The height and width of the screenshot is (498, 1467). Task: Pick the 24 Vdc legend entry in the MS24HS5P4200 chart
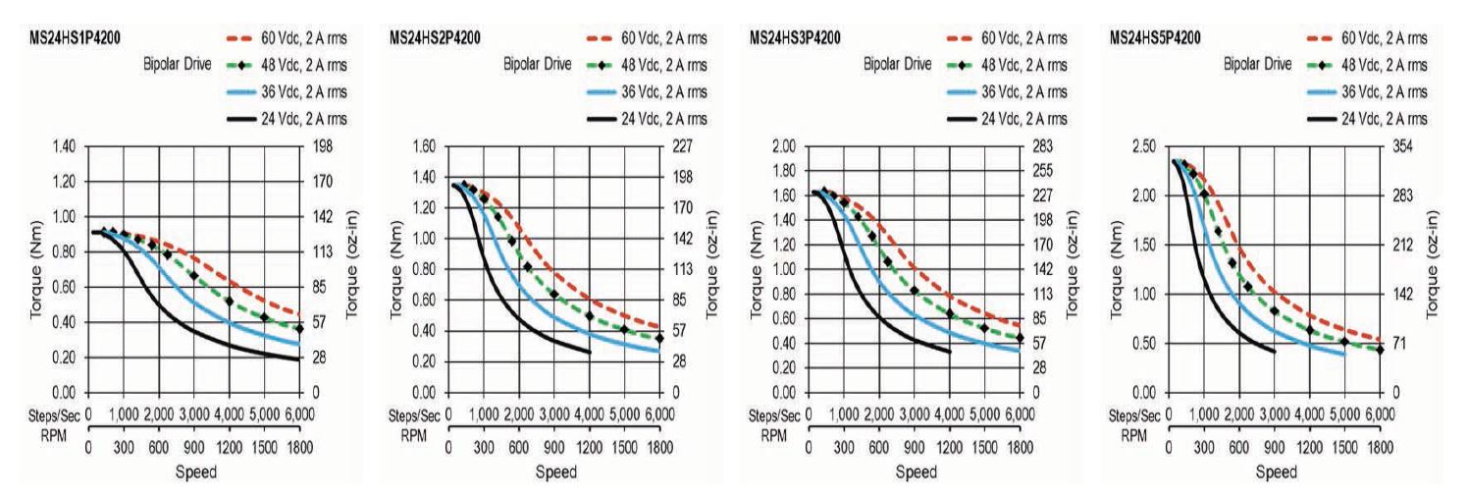(x=1388, y=119)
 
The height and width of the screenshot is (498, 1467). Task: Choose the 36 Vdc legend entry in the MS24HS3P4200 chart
(x=1028, y=92)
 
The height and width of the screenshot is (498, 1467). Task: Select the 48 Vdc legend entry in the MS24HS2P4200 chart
(x=667, y=66)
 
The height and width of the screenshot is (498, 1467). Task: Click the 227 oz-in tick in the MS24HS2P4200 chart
(x=683, y=146)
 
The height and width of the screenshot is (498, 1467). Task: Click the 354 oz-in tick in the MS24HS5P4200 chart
(x=1404, y=146)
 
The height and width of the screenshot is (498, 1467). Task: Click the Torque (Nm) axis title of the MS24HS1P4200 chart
(x=38, y=267)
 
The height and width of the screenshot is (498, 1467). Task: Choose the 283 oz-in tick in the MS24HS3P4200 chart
(x=1043, y=146)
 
